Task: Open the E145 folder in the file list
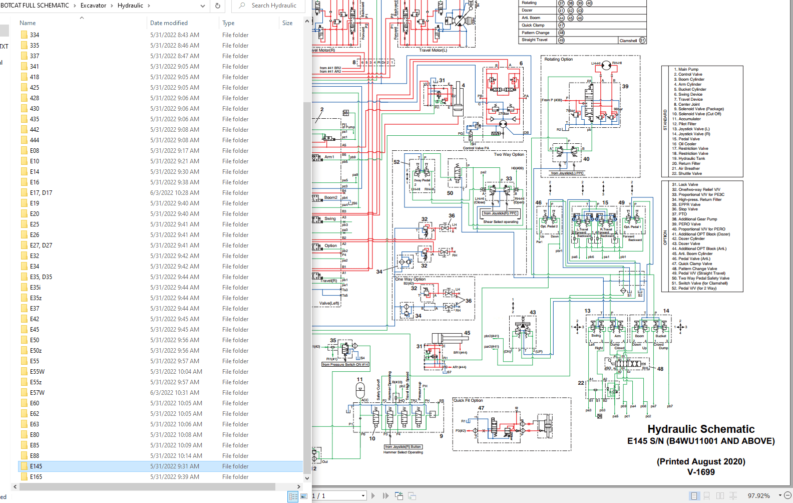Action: coord(36,466)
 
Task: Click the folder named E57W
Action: coord(37,393)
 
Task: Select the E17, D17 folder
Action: coord(41,193)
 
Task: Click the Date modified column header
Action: coord(169,23)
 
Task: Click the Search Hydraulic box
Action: coord(273,6)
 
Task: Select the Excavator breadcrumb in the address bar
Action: coord(93,6)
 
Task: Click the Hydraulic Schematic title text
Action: coord(700,429)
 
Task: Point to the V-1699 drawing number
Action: coord(701,472)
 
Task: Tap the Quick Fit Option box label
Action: coord(468,400)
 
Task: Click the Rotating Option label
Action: coord(558,59)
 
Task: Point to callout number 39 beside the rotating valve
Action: coord(625,86)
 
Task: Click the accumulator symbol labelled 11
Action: coord(360,389)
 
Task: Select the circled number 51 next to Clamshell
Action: coord(642,41)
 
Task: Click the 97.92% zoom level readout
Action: coord(758,495)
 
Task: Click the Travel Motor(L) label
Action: coord(433,50)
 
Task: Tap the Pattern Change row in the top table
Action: coord(536,33)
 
